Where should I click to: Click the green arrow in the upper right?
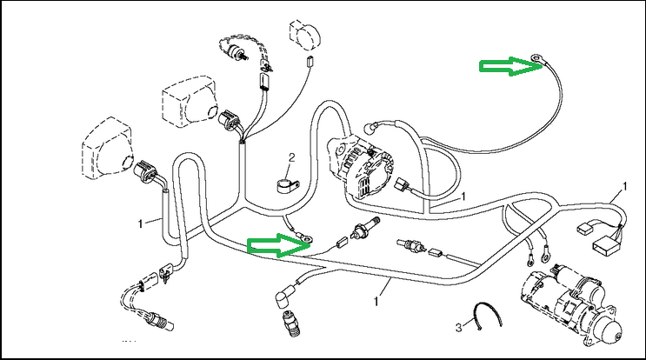click(503, 66)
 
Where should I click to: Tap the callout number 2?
click(292, 157)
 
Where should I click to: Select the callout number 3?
click(458, 327)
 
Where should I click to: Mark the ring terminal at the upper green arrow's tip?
click(538, 61)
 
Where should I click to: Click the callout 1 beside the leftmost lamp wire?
click(141, 223)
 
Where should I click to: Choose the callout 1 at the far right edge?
click(624, 187)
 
